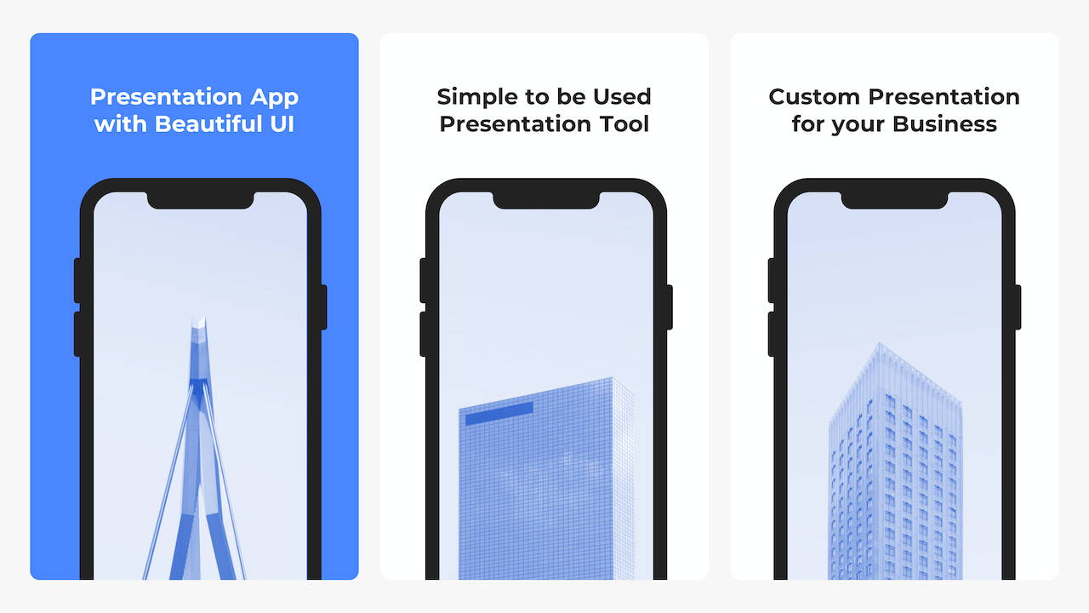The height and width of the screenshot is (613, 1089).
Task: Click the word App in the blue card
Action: (274, 98)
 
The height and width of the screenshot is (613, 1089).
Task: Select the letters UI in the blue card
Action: (282, 123)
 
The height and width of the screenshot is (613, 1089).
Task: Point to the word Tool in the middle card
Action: (624, 123)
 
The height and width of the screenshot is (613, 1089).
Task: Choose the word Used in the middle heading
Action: (622, 97)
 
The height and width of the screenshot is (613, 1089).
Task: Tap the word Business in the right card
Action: (944, 123)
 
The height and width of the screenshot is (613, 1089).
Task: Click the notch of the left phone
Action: (200, 199)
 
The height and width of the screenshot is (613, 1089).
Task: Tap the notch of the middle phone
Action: (546, 199)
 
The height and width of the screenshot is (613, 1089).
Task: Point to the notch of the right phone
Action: (894, 199)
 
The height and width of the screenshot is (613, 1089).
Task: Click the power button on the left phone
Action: (324, 307)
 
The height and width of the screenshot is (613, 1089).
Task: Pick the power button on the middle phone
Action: (670, 307)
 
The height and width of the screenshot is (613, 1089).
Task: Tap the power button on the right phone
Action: (1018, 307)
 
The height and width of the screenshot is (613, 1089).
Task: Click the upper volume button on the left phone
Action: (77, 281)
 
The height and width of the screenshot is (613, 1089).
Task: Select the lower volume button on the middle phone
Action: (423, 335)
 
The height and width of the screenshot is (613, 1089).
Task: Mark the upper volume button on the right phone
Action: (771, 281)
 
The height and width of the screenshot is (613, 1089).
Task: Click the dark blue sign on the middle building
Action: (499, 413)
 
